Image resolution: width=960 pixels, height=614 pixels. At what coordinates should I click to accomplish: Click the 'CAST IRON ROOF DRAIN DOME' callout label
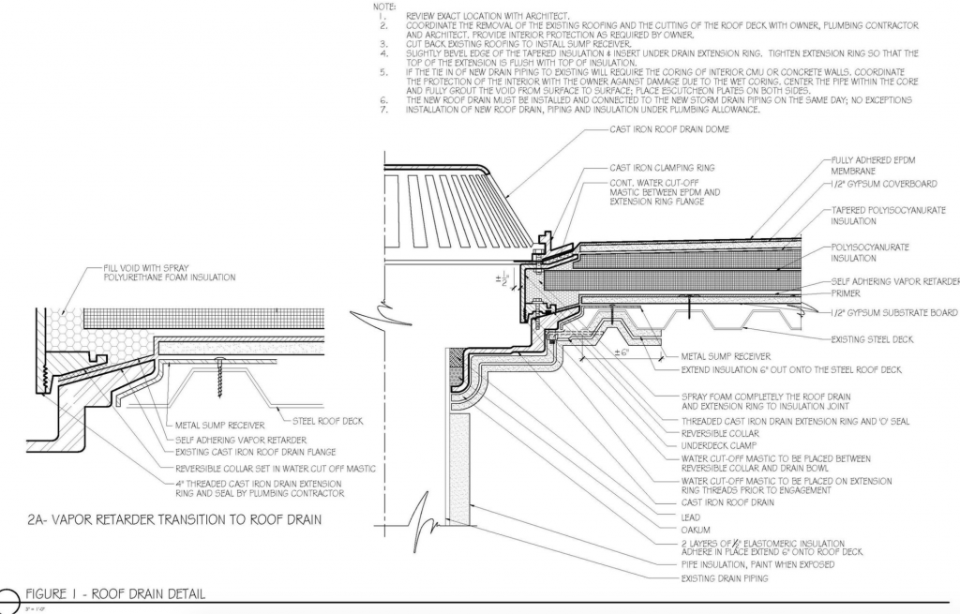pyautogui.click(x=670, y=129)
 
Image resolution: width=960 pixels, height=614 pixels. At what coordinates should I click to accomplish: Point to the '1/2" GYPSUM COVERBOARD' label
pyautogui.click(x=881, y=185)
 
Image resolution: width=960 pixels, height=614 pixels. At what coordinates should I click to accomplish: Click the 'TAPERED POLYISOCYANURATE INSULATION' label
pyautogui.click(x=888, y=216)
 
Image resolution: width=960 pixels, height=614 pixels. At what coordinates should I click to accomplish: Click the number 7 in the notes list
pyautogui.click(x=383, y=111)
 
